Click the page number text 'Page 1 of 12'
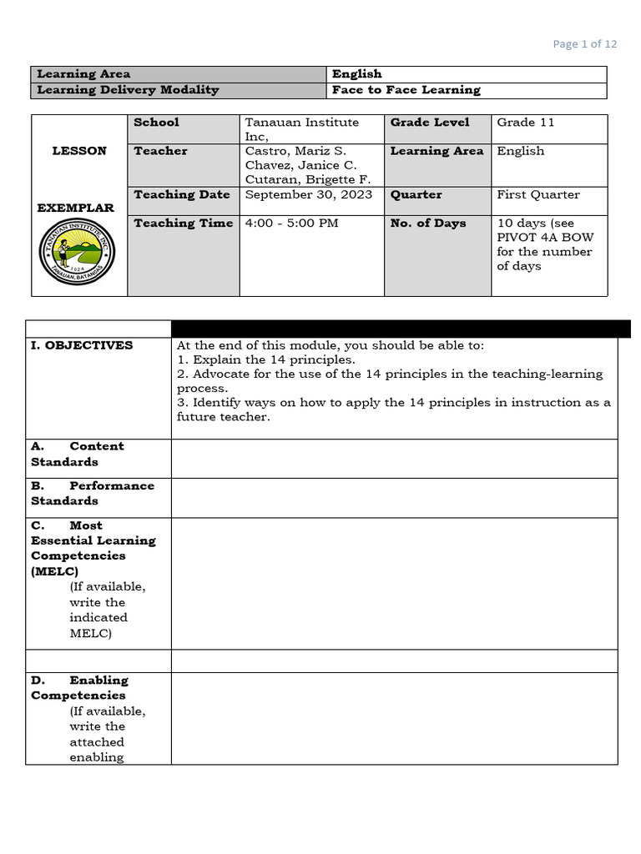585,44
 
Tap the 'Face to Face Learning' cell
406,90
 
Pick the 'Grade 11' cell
526,123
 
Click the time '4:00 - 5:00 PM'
291,224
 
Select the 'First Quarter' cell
538,195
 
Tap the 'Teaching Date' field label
181,195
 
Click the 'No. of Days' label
428,224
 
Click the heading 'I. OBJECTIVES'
82,345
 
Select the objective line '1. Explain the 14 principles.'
266,360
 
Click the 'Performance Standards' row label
93,493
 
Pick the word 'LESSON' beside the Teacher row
79,151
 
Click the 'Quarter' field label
416,195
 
